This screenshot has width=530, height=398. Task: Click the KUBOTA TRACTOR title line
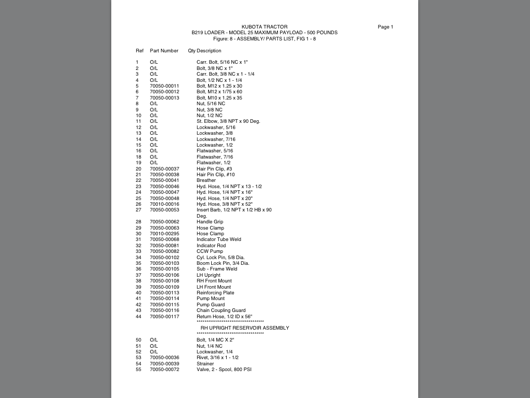(x=264, y=27)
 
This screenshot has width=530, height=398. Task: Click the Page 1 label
(x=385, y=27)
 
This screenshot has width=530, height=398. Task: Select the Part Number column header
(x=164, y=51)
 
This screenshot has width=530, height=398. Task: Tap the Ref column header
(x=140, y=51)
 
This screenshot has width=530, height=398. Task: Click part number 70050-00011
(x=165, y=86)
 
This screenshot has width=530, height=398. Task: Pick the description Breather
(x=206, y=180)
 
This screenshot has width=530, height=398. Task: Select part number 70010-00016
(x=165, y=204)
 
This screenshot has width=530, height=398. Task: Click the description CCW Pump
(x=210, y=251)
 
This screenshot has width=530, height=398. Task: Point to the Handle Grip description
(x=210, y=222)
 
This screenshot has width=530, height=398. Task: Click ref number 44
(x=138, y=317)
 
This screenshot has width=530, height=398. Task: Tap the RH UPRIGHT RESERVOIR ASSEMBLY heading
(x=245, y=328)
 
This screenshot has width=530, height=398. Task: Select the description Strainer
(x=205, y=364)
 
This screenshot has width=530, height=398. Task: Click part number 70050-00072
(x=165, y=369)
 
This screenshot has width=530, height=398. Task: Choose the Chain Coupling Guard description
(x=221, y=310)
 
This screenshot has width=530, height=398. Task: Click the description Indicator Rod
(x=211, y=246)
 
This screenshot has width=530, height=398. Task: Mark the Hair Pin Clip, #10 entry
(x=215, y=175)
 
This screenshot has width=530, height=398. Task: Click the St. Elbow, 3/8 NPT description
(x=228, y=121)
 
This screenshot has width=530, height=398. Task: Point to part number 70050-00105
(x=165, y=269)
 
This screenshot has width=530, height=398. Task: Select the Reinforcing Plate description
(x=215, y=293)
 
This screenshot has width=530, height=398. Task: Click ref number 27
(x=138, y=210)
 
